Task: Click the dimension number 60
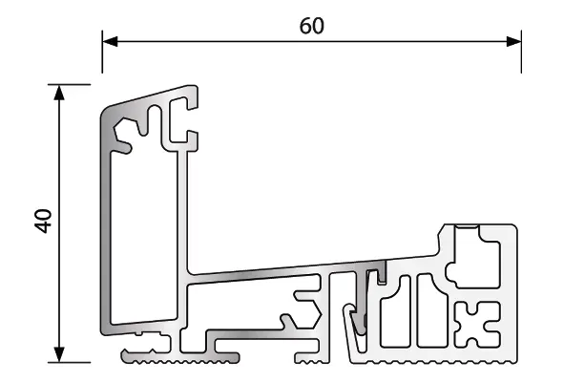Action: (311, 26)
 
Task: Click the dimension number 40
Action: (43, 221)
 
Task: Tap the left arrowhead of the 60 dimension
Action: (110, 41)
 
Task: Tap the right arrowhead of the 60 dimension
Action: (513, 41)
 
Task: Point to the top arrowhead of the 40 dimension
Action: (59, 93)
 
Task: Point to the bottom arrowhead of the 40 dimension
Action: (59, 354)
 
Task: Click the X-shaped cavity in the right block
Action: (477, 325)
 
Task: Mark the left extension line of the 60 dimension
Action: (102, 52)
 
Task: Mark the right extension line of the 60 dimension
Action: (521, 52)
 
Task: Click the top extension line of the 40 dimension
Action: (69, 85)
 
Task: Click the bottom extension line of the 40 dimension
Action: (69, 362)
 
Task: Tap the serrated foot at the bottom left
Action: (179, 357)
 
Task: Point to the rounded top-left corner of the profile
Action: (105, 113)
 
